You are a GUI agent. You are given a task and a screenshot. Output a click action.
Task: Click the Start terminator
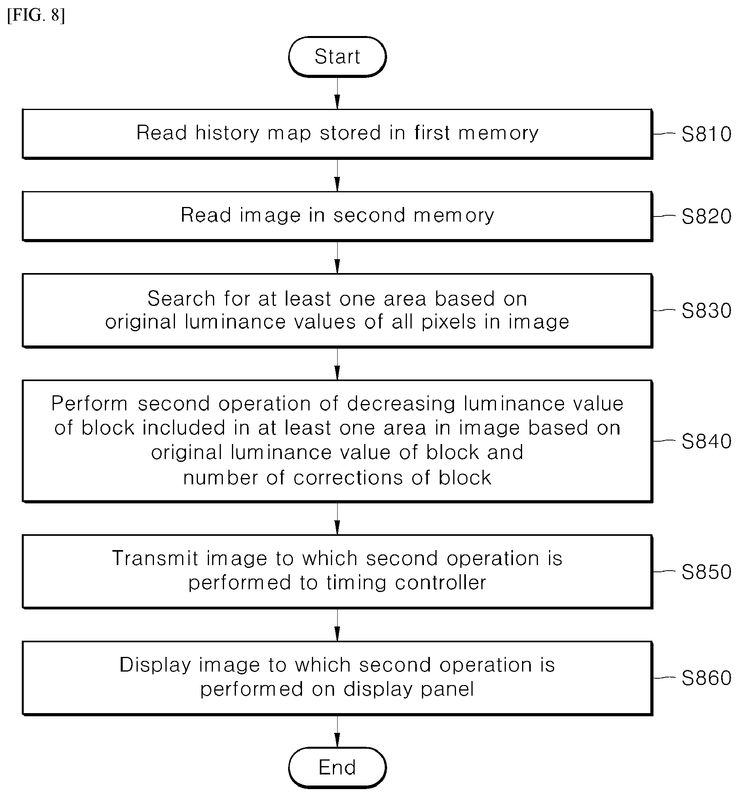337,56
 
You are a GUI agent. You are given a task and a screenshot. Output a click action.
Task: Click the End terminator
337,767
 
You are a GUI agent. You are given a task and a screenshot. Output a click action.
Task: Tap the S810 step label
706,134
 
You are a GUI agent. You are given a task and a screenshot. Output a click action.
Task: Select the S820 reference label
706,216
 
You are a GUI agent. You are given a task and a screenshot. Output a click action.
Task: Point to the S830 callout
706,310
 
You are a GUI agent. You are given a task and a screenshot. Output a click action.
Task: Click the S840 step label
706,441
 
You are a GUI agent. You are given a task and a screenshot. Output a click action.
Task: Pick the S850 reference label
706,571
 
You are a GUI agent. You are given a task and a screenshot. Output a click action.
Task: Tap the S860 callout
706,678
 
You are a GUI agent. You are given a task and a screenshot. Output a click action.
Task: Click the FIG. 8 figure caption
36,15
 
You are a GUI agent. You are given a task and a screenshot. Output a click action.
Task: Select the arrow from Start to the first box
337,93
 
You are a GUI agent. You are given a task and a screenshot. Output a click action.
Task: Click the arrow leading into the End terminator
337,731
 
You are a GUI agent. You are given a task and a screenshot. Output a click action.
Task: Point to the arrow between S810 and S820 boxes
337,175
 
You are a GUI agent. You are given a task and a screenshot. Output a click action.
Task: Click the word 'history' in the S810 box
228,133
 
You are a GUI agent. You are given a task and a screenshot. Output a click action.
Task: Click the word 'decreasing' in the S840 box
401,404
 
